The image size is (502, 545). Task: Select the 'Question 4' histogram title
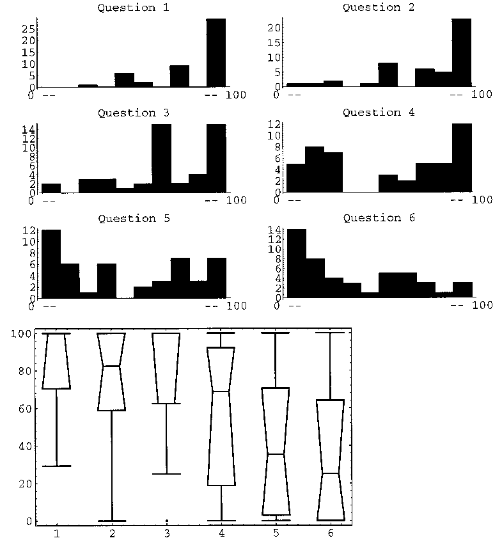379,113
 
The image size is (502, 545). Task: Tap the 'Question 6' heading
379,218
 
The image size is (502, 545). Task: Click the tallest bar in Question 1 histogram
216,52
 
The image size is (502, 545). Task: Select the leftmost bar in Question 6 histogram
296,263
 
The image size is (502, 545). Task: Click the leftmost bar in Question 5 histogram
51,263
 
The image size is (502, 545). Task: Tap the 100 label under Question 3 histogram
237,200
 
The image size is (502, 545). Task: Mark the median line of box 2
111,366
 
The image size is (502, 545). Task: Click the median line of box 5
275,454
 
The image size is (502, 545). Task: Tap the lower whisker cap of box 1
56,466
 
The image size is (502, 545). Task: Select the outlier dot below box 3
166,521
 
